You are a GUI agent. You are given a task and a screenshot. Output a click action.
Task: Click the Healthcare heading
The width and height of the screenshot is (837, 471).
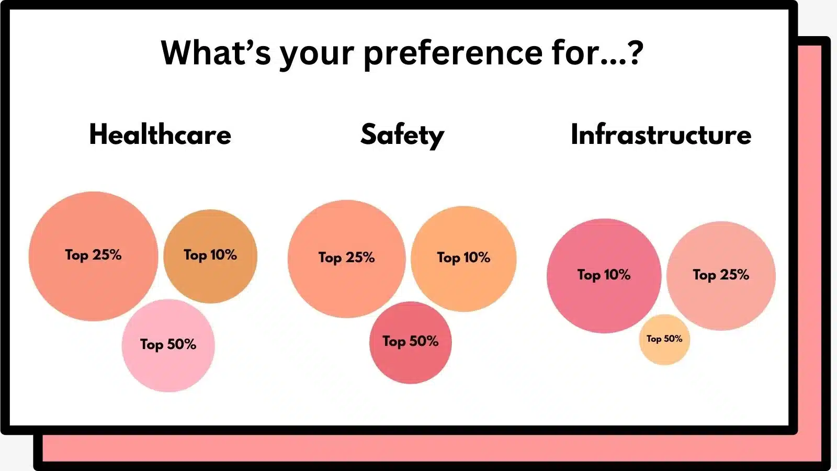coord(160,134)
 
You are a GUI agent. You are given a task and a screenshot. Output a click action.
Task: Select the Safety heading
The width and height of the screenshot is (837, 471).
coord(402,134)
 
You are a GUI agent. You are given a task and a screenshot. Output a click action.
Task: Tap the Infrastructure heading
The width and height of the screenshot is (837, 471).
coord(661,134)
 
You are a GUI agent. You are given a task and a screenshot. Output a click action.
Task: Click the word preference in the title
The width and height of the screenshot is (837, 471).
coord(453,53)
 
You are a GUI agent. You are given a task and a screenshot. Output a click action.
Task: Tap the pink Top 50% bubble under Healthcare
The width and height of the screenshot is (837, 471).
coord(168,366)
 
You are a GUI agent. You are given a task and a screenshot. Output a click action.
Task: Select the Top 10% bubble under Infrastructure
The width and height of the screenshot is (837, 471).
coord(604,298)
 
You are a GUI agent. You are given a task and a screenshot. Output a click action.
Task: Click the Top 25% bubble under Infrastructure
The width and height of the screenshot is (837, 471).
coord(721,298)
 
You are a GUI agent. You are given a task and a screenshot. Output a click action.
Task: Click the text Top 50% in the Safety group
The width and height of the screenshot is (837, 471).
coord(410,341)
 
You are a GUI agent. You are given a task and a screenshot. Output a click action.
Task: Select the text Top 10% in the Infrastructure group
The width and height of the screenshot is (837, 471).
coord(604,275)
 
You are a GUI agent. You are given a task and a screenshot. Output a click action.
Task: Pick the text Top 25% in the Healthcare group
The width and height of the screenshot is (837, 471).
coord(93,255)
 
